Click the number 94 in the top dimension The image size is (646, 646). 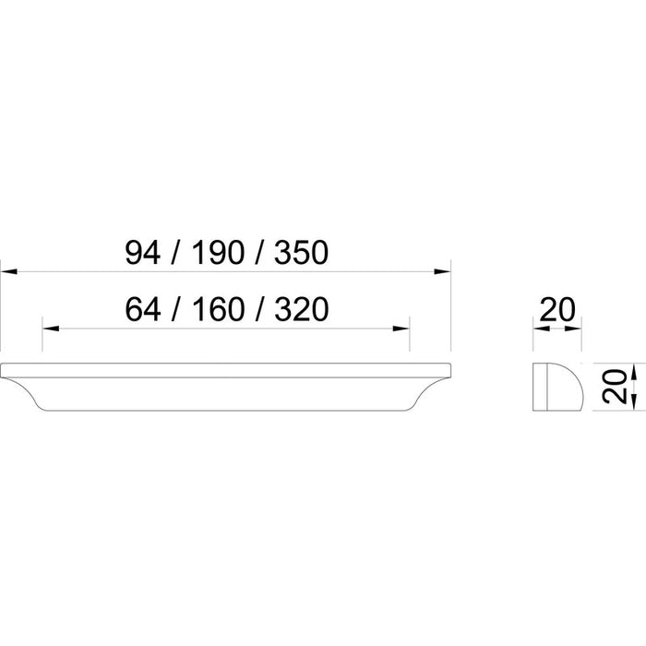[142, 253]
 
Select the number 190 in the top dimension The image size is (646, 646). [218, 253]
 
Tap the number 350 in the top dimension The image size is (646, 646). [301, 253]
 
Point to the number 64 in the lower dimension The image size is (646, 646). [142, 309]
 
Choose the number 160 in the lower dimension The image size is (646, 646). [218, 309]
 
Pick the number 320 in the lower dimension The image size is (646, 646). [301, 309]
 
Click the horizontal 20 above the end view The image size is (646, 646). [557, 309]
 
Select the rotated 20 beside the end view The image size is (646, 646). [614, 386]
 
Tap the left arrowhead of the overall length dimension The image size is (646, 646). [8, 271]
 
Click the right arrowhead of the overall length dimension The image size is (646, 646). [442, 271]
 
